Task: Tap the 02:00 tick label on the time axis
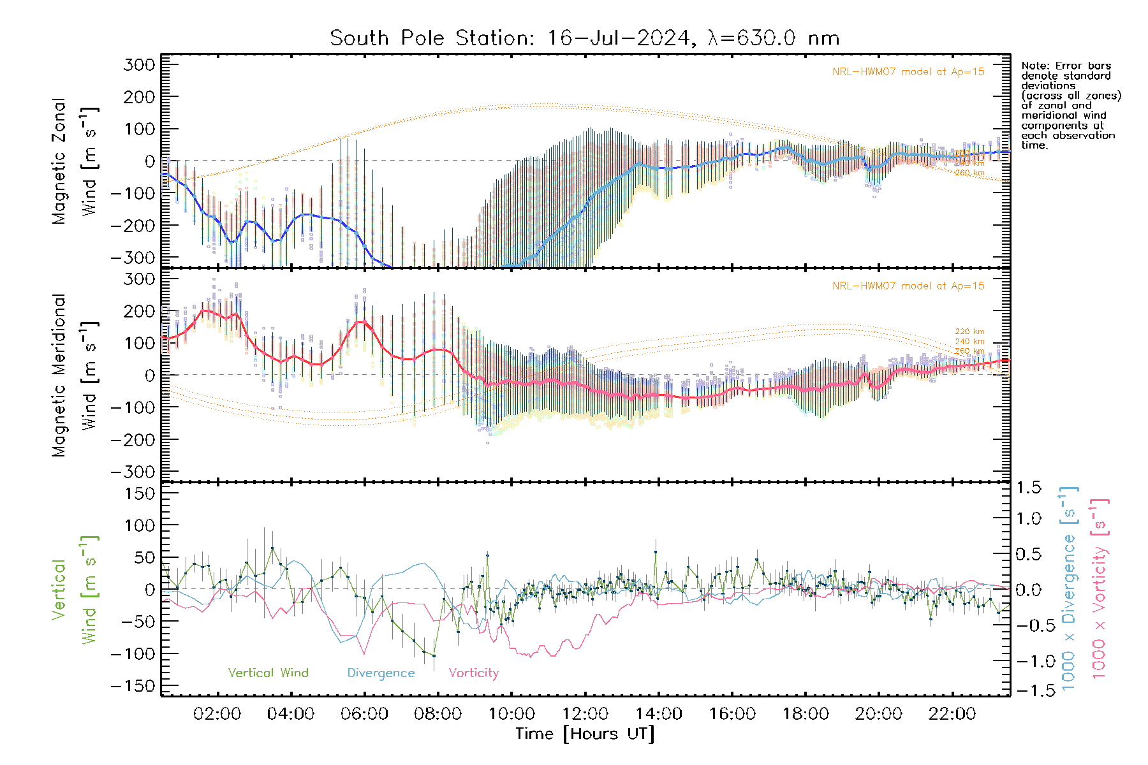[217, 714]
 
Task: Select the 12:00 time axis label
[585, 714]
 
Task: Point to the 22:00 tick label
[952, 714]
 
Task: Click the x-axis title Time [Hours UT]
[585, 734]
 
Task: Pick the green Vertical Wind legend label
[268, 673]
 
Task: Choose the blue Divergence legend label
[381, 673]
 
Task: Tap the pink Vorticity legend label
[473, 673]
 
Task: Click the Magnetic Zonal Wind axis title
[75, 161]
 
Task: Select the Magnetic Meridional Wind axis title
[75, 375]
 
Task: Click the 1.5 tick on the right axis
[1028, 488]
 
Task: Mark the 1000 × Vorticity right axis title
[1100, 588]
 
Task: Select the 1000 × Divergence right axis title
[1069, 588]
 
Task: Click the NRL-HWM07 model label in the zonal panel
[908, 72]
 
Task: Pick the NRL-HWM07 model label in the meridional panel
[908, 286]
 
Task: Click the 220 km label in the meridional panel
[969, 331]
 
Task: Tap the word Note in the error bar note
[1033, 66]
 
